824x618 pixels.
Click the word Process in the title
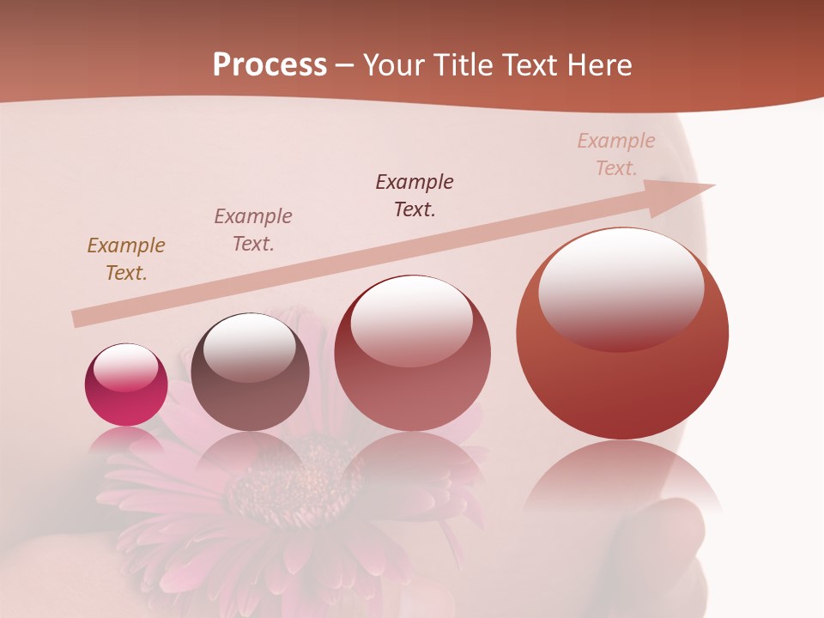[x=270, y=65]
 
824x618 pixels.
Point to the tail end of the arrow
[x=76, y=318]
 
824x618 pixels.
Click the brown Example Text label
[x=125, y=258]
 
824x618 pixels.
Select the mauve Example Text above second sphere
[x=252, y=229]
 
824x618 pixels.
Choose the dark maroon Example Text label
[x=415, y=195]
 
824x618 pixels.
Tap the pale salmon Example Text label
[x=615, y=154]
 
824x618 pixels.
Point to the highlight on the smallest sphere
[x=125, y=367]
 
